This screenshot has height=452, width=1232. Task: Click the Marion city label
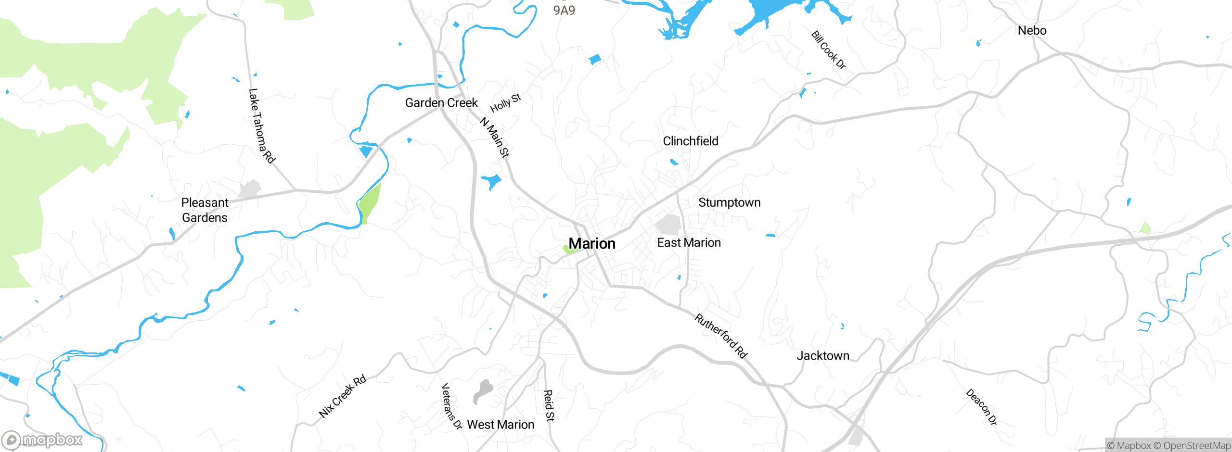tap(592, 244)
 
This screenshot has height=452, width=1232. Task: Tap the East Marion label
tap(689, 243)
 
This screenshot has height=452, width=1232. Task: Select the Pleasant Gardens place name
tap(205, 210)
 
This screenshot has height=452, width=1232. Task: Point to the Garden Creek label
tap(441, 103)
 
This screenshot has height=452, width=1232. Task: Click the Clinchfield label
tap(690, 141)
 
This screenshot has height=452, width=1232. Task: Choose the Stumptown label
tap(729, 203)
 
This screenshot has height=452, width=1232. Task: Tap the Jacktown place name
tap(822, 356)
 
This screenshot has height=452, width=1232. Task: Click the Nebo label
tap(1032, 31)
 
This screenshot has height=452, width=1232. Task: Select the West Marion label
tap(500, 425)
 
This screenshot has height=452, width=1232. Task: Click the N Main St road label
tap(494, 138)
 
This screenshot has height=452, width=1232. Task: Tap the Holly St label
tap(505, 103)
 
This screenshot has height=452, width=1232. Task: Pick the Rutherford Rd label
tap(720, 336)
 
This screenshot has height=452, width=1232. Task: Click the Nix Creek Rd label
tap(342, 397)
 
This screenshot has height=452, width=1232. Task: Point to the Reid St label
tap(549, 405)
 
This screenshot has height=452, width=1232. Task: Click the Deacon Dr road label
tap(981, 407)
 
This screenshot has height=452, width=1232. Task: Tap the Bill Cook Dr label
tap(828, 50)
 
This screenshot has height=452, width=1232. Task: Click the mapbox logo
tap(42, 440)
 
